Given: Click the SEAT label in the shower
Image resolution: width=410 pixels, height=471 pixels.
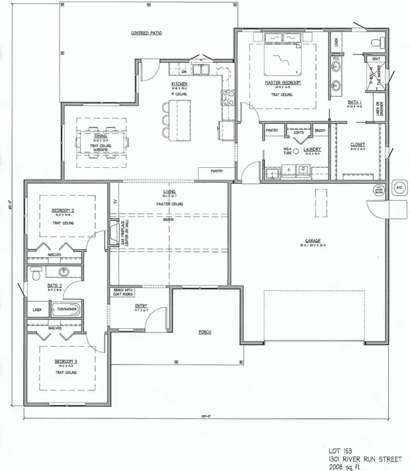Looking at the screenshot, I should pyautogui.click(x=375, y=59).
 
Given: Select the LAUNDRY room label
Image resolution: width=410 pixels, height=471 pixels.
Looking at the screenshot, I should pyautogui.click(x=313, y=148).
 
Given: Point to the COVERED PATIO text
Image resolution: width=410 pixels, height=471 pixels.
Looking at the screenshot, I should pyautogui.click(x=146, y=33).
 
